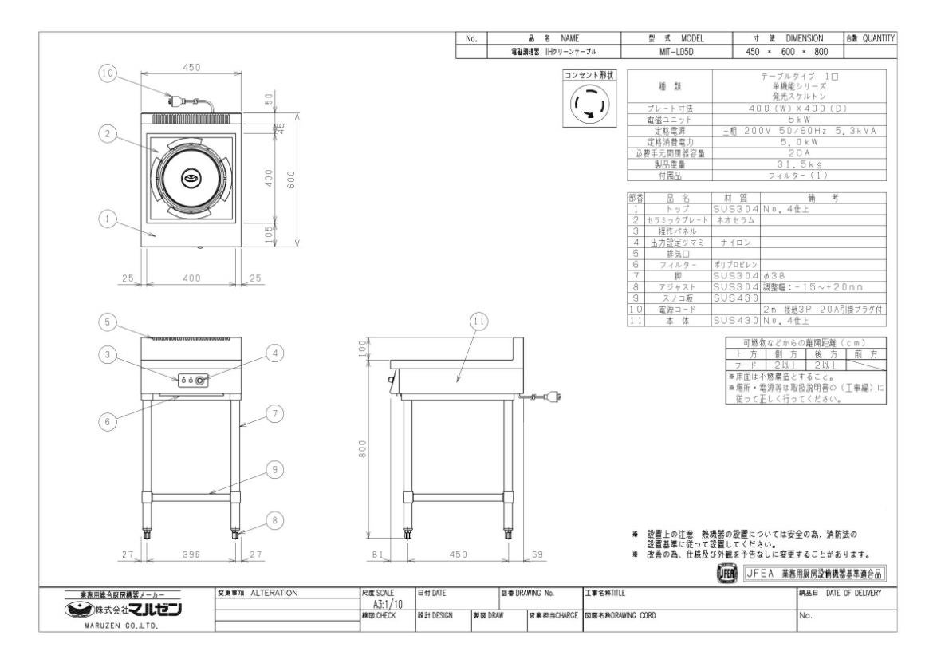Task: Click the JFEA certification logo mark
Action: [726, 574]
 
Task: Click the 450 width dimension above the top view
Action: [191, 67]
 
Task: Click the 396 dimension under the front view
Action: [191, 556]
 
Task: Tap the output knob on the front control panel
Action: [199, 381]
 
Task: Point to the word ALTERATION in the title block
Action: [274, 593]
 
